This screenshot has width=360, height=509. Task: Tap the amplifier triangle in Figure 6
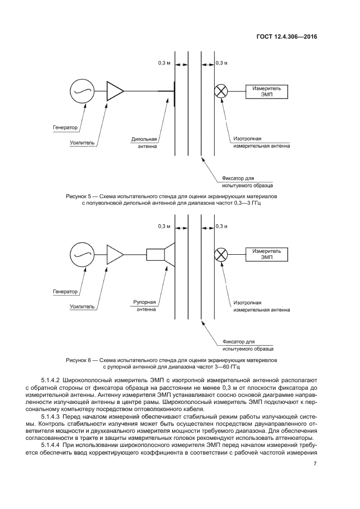point(115,254)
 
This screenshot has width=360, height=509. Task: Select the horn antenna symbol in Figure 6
point(161,254)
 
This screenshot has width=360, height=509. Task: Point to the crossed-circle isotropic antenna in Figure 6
point(221,254)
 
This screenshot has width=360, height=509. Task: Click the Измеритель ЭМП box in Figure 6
point(266,254)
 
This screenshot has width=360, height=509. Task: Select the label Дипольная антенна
point(144,142)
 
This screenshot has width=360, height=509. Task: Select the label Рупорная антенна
point(144,305)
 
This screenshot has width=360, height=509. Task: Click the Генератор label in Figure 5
point(65,128)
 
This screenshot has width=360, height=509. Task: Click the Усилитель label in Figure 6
point(82,306)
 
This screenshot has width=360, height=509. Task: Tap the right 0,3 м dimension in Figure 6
point(222,226)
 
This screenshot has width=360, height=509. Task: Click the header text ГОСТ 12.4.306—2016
point(286,37)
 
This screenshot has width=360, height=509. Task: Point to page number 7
point(315,464)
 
